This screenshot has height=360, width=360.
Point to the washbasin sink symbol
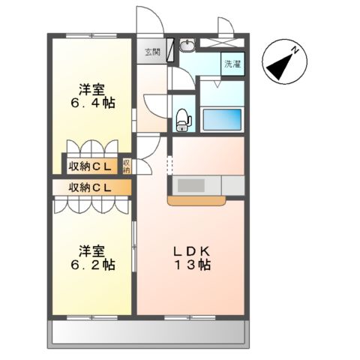pos(187,46)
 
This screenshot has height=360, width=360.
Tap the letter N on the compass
pos(296,50)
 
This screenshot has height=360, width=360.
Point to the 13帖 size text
pos(193,265)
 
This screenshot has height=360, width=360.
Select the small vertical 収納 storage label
pos(127,166)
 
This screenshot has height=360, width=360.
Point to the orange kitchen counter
pos(196,201)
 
